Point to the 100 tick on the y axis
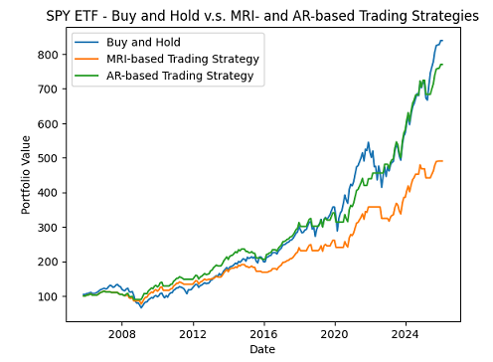47,296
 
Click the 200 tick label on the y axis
47,262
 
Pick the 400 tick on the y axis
47,193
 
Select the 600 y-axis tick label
47,123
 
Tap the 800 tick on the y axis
47,55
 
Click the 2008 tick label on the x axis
122,333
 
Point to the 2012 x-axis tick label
193,333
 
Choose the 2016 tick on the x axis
263,333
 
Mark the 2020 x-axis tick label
335,333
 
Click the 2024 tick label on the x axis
406,333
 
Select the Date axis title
261,349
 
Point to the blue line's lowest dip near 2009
140,307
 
